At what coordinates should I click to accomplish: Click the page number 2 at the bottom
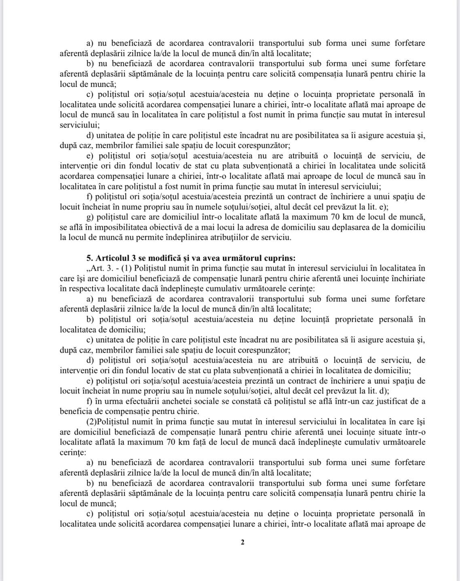click(243, 542)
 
